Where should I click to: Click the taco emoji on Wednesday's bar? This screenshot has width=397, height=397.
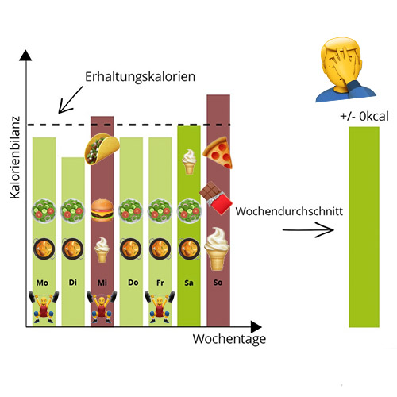tap(102, 149)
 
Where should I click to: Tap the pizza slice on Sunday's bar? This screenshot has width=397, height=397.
tap(218, 152)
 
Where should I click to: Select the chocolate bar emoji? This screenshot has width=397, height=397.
tap(216, 198)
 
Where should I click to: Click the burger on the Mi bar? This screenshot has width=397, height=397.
tap(102, 210)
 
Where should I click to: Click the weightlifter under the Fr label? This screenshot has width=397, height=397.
tap(160, 306)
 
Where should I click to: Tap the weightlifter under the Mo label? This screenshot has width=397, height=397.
tap(44, 306)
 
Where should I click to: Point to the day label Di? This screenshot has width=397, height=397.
tap(73, 283)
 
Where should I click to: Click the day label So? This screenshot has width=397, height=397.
tap(218, 283)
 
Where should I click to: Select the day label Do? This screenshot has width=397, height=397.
tap(133, 283)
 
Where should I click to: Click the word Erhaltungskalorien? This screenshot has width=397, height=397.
tap(140, 77)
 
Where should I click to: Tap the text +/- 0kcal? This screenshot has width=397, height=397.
tap(364, 116)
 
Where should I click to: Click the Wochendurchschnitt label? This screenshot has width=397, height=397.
tap(289, 211)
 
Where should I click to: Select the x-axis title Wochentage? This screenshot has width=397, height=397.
tap(229, 339)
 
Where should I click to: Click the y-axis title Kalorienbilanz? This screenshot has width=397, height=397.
tap(15, 157)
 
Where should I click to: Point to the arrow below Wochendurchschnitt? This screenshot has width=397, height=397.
tap(308, 229)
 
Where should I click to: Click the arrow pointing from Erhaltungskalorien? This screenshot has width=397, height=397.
tap(71, 100)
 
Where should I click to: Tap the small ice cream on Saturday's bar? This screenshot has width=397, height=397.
tap(189, 161)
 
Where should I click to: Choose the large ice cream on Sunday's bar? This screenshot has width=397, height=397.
tap(217, 249)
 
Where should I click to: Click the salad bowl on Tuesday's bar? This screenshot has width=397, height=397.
tap(72, 211)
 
